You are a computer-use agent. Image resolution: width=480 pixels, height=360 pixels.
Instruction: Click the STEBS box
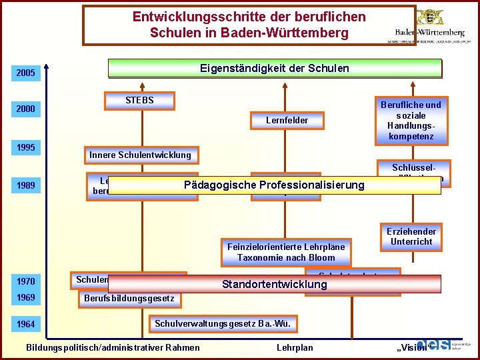coord(139,101)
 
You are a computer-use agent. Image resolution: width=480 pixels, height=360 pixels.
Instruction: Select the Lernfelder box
coord(287,121)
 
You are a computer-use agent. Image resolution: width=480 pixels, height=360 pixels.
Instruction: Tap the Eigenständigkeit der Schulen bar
coord(275,69)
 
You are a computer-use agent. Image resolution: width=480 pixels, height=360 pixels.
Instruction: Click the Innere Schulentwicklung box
coord(140,155)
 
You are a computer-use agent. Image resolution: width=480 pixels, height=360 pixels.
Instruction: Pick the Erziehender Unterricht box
coord(411,237)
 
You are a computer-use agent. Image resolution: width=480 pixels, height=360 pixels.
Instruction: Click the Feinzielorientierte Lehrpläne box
coord(286,252)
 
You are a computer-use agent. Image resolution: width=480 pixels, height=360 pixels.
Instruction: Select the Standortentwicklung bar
coord(275,285)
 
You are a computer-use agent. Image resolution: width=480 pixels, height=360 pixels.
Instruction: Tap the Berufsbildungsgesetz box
coord(129,298)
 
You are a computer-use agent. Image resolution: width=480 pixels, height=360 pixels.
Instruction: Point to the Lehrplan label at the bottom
coord(294,347)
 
